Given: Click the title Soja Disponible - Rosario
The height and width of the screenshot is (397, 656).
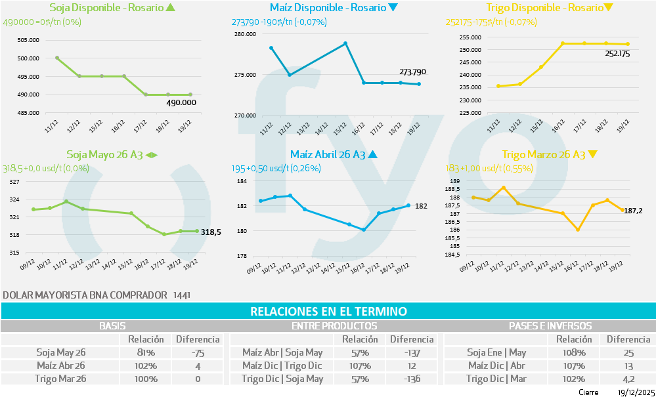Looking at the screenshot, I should [106, 8].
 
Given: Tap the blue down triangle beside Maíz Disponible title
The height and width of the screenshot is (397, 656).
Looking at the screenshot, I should [393, 8].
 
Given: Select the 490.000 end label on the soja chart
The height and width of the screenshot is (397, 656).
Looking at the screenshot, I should [181, 102].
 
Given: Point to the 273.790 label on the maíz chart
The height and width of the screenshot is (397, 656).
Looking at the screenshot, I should [412, 72].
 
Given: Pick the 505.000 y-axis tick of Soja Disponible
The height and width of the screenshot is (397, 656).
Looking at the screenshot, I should [28, 39].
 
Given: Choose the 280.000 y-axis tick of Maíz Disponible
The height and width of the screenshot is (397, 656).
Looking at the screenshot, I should [246, 34].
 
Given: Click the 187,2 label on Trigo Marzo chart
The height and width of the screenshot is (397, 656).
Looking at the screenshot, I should [633, 211].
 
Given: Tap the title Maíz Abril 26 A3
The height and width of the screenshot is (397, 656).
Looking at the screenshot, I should [328, 155].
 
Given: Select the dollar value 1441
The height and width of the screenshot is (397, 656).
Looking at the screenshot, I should [182, 295].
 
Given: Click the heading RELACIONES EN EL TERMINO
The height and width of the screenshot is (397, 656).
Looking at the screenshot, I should [328, 311].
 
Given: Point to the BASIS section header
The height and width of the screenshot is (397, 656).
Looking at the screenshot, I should [112, 325].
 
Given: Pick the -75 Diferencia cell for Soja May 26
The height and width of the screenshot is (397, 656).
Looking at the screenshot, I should [198, 352].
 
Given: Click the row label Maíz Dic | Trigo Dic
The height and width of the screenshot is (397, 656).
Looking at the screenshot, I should [282, 366].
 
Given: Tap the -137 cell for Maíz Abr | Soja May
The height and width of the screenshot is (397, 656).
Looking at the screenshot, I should [412, 352].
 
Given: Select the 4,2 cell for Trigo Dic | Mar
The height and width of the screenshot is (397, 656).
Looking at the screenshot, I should [628, 379].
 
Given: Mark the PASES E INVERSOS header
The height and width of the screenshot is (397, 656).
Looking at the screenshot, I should [550, 325].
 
